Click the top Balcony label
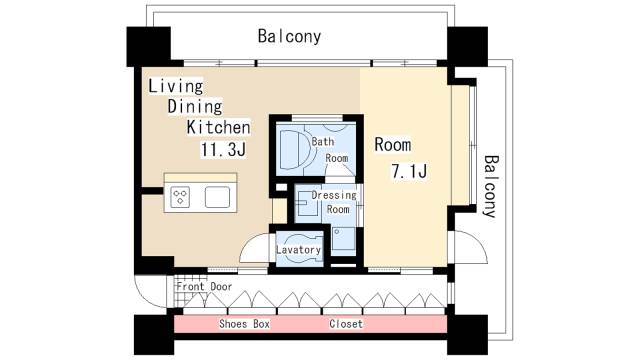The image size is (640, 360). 289,37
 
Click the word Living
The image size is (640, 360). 175,86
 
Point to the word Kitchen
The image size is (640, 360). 217,128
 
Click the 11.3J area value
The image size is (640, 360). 224,150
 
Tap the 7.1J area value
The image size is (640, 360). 409,170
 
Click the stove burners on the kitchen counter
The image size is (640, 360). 182,196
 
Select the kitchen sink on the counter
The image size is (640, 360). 219,196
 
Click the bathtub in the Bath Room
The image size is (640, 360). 293,149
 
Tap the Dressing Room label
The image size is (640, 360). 334,202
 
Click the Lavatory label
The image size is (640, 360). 298,249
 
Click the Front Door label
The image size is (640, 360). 204,286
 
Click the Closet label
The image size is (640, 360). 346,325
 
